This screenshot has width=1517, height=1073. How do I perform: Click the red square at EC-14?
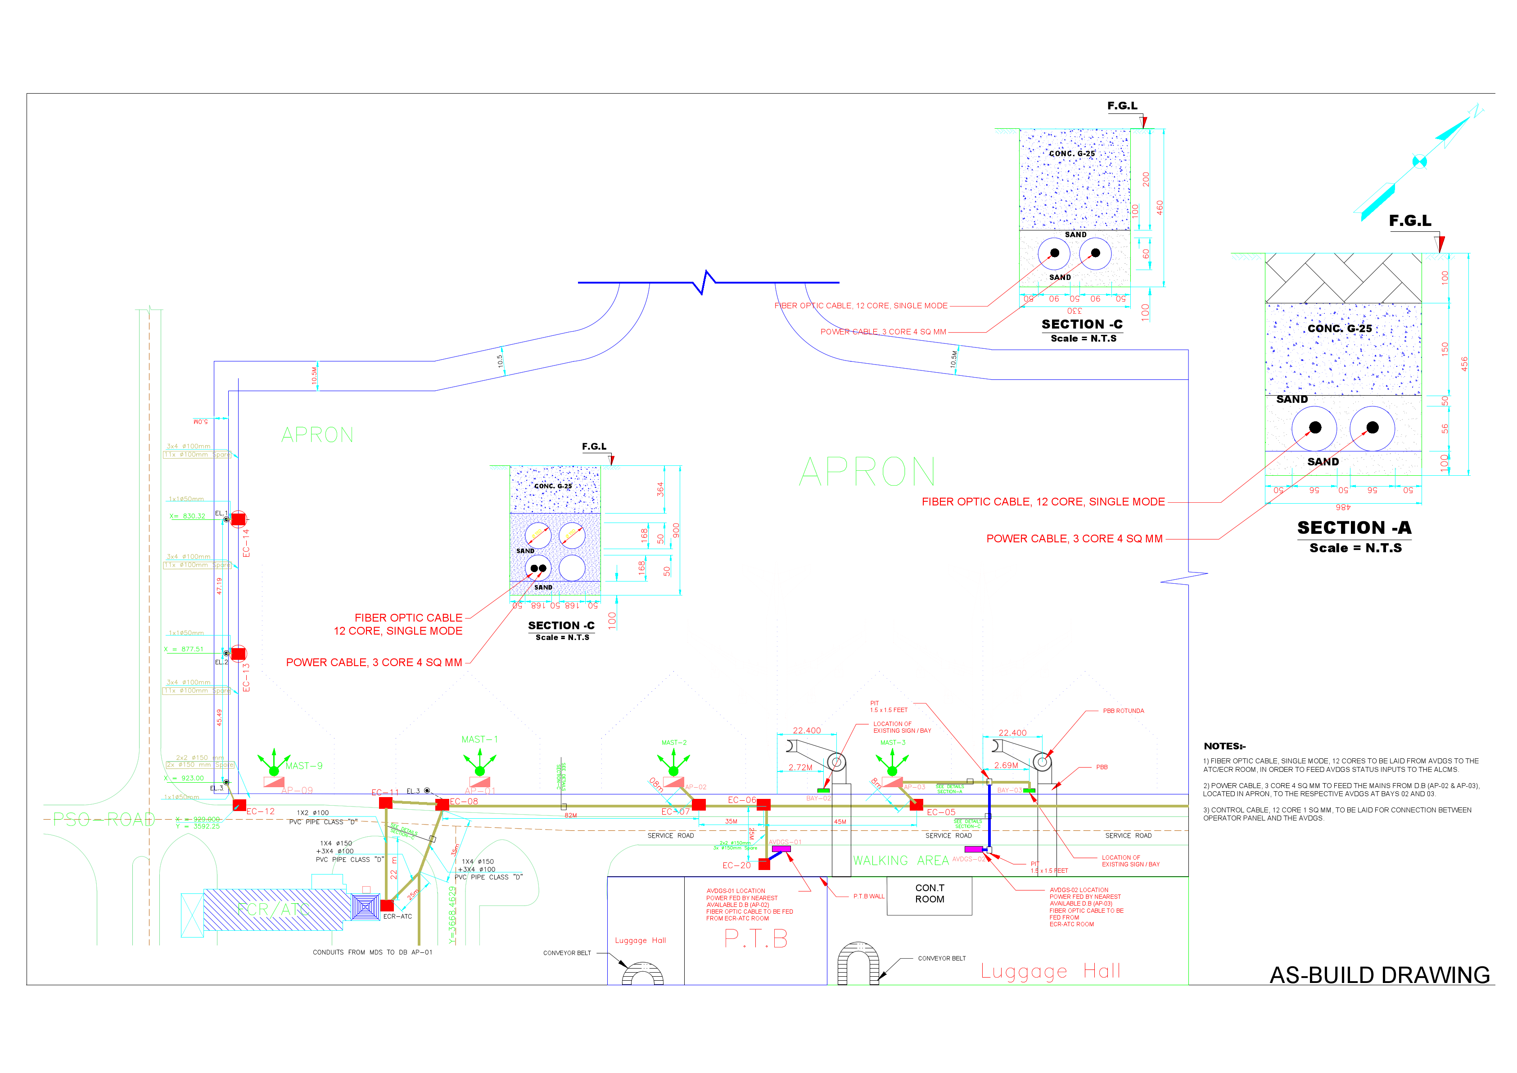click(x=239, y=519)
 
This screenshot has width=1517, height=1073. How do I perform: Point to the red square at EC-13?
click(x=239, y=654)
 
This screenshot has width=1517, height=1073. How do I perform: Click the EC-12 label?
click(x=260, y=812)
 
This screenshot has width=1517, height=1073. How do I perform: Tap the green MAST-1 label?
click(x=480, y=739)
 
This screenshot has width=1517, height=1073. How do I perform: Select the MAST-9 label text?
click(x=304, y=766)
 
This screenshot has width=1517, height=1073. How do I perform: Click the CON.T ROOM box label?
click(x=930, y=893)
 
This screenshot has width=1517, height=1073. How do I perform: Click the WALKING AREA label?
click(x=901, y=860)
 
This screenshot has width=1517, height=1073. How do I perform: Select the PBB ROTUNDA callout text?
click(x=1123, y=711)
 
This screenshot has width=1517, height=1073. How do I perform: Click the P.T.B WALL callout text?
click(x=868, y=897)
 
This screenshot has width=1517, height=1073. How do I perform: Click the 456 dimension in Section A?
click(x=1464, y=364)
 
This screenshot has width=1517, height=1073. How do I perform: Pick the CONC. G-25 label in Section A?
click(x=1339, y=329)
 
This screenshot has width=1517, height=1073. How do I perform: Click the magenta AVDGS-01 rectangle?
click(x=781, y=849)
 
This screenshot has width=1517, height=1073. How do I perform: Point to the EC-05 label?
click(x=941, y=812)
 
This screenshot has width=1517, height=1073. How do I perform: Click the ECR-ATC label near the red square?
click(x=397, y=916)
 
